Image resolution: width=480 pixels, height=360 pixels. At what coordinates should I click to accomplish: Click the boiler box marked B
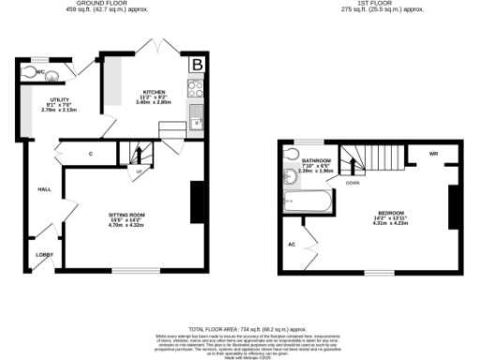coord(198,65)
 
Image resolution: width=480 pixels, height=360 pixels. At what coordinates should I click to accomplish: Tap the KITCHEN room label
coord(153,80)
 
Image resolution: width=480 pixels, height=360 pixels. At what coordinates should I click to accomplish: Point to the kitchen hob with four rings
coord(197,91)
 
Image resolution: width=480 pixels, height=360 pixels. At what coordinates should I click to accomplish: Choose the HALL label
coord(43,188)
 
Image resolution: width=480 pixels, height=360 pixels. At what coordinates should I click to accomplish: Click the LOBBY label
coord(44,253)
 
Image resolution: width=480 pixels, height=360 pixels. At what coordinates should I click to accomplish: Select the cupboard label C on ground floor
coord(91,153)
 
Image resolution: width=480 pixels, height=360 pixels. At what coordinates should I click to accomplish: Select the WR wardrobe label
coord(433,153)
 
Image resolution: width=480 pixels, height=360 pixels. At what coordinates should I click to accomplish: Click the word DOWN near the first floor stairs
coord(352,184)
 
